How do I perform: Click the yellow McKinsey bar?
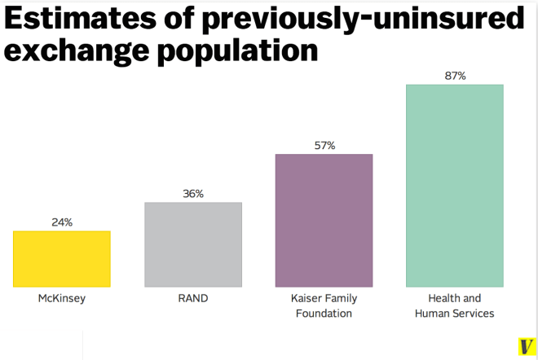tap(62, 259)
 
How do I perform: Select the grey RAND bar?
tap(193, 244)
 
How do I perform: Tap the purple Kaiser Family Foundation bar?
tap(324, 220)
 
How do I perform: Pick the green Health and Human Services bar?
tap(454, 185)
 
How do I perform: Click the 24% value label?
tap(62, 222)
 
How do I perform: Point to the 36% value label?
tap(193, 194)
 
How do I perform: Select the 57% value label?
tap(324, 146)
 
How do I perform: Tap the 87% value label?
tap(455, 76)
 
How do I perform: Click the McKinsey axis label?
tap(62, 299)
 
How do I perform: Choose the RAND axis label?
tap(193, 299)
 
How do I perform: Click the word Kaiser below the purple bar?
tap(307, 299)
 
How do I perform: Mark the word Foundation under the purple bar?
tap(324, 314)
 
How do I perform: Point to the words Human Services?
tap(455, 314)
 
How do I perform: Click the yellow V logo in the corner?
tap(526, 346)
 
